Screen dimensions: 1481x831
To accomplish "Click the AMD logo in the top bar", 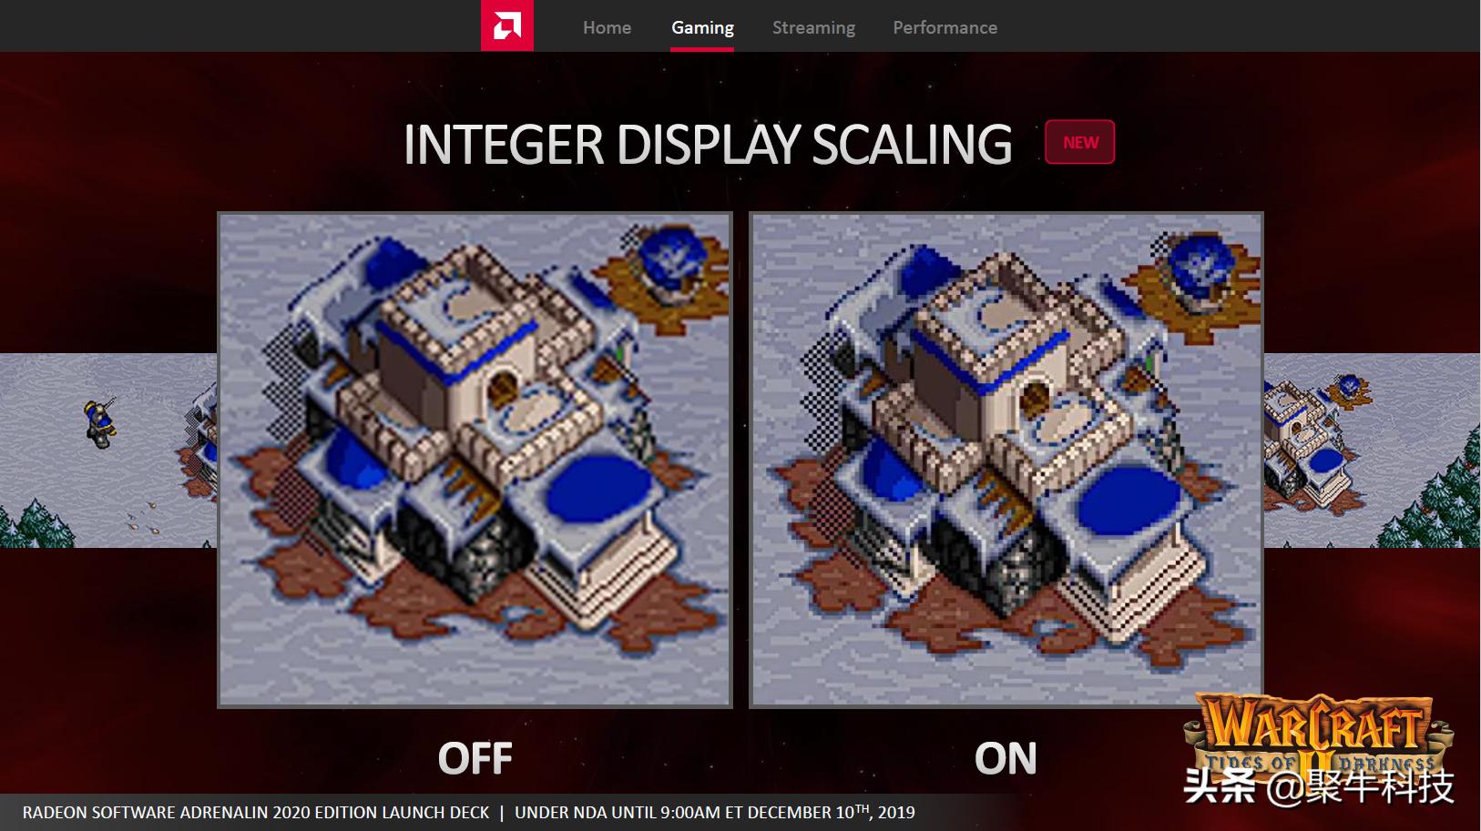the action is tap(507, 25).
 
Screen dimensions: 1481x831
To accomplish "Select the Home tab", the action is tap(607, 27).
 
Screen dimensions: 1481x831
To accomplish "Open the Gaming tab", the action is tap(702, 27).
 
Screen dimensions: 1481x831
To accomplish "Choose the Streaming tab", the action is tap(814, 27).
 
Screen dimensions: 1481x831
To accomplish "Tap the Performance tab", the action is tap(945, 27).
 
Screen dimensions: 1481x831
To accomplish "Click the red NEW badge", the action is tap(1079, 142).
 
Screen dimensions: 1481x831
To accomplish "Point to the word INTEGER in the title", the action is tap(503, 144).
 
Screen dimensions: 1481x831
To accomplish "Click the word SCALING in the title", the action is tap(912, 144).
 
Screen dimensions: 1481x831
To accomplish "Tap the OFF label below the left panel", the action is tap(475, 757).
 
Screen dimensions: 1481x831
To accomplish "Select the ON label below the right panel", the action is tap(1005, 757).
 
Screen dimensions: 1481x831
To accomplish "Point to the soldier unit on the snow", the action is tap(100, 422).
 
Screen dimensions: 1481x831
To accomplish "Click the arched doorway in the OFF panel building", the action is tap(503, 390).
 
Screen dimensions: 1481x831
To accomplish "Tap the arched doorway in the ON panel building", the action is tap(1035, 399).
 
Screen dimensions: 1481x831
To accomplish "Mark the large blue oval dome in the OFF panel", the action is tap(599, 488).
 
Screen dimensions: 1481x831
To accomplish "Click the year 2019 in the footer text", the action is tap(896, 812).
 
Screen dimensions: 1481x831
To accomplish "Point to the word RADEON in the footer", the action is tap(55, 813).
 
